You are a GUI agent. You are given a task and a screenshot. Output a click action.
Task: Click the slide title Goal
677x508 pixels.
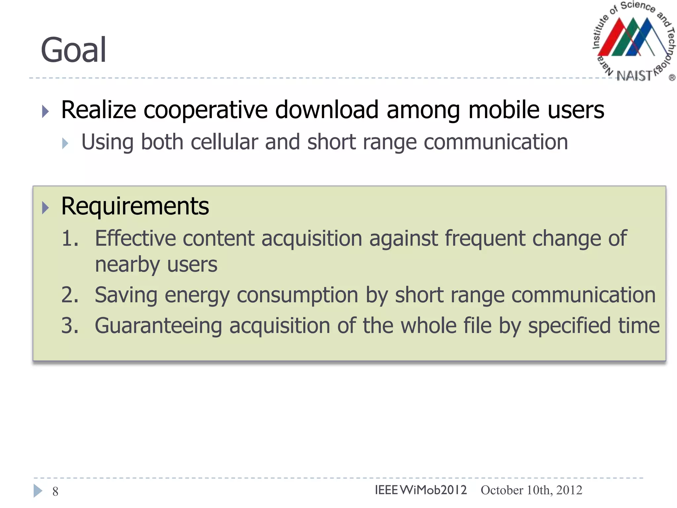[x=73, y=50]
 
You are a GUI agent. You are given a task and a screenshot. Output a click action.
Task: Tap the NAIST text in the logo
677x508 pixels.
[x=634, y=76]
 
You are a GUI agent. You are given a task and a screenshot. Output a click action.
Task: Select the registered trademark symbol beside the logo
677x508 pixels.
[x=672, y=78]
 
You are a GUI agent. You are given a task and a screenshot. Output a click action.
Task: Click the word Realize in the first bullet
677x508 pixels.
[x=99, y=110]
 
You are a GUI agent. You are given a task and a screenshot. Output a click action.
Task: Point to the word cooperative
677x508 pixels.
[x=205, y=110]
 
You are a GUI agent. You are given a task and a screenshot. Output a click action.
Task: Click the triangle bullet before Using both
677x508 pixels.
[x=65, y=144]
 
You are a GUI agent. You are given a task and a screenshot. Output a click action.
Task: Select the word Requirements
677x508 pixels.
[x=135, y=206]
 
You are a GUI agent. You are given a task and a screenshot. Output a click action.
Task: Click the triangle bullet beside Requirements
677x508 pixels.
[x=45, y=208]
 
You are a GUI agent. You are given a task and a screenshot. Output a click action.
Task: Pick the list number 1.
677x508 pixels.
[x=70, y=238]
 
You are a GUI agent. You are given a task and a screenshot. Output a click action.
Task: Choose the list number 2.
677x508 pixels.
[x=70, y=295]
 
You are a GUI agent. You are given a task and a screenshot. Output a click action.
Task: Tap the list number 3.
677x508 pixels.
[x=70, y=325]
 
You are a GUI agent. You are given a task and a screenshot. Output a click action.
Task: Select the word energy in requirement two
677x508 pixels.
[x=197, y=295]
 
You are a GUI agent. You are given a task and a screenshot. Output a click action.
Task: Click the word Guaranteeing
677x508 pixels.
[x=158, y=325]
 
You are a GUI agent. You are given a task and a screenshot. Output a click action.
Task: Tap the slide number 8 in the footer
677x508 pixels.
[x=55, y=492]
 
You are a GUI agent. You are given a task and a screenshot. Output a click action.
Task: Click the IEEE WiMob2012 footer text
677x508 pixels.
[x=420, y=490]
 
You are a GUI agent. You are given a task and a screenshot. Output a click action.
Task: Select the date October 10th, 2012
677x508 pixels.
[x=531, y=490]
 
